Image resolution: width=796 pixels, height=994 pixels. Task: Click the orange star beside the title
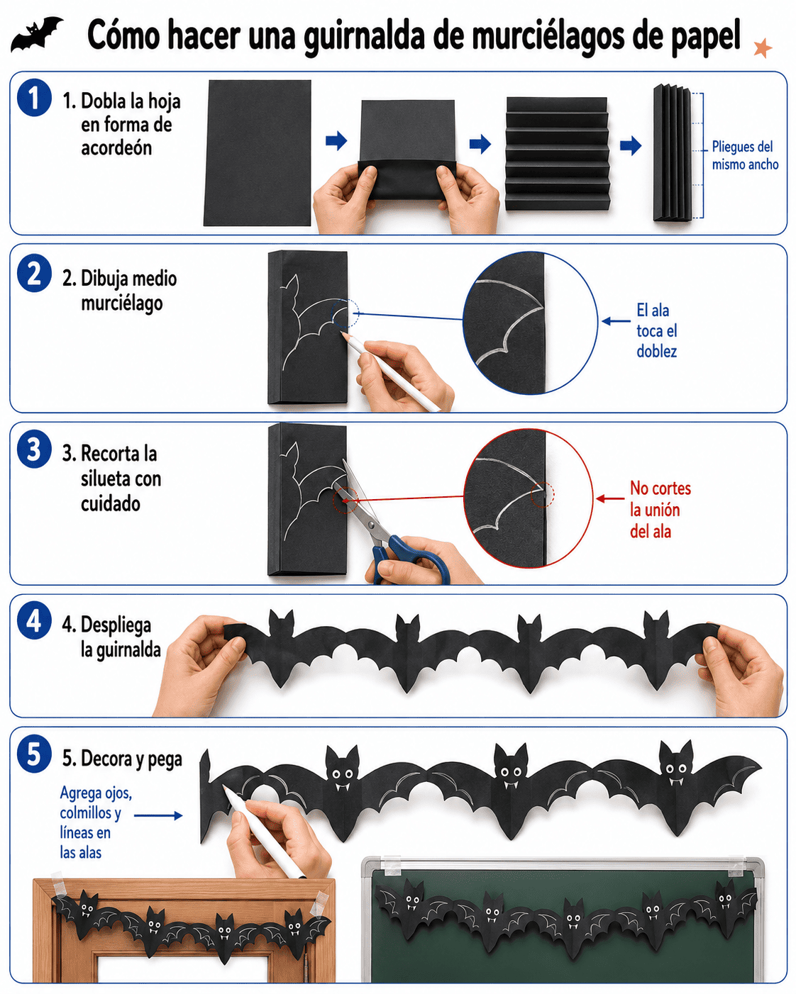pyautogui.click(x=762, y=48)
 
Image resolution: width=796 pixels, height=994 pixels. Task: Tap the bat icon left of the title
pyautogui.click(x=36, y=34)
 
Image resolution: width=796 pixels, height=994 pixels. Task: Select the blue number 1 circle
pyautogui.click(x=34, y=97)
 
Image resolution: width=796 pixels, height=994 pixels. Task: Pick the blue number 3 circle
pyautogui.click(x=34, y=449)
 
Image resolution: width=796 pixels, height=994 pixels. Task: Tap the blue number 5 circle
pyautogui.click(x=34, y=754)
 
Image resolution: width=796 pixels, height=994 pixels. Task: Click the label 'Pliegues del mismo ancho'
pyautogui.click(x=745, y=155)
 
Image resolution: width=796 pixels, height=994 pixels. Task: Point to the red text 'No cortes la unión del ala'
pyautogui.click(x=660, y=510)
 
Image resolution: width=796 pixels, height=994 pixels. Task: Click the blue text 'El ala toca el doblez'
pyautogui.click(x=656, y=330)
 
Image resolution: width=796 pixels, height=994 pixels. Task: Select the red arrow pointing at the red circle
pyautogui.click(x=609, y=498)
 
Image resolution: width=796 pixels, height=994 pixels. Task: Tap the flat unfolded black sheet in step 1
pyautogui.click(x=258, y=153)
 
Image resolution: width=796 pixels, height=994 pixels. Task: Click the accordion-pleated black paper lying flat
pyautogui.click(x=557, y=154)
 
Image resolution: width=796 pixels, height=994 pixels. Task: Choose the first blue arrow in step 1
pyautogui.click(x=336, y=140)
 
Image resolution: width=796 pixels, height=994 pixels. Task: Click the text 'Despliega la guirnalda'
pyautogui.click(x=111, y=637)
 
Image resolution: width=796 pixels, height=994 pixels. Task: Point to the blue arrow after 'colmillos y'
pyautogui.click(x=158, y=816)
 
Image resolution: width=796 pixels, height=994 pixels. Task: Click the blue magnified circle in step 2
pyautogui.click(x=530, y=323)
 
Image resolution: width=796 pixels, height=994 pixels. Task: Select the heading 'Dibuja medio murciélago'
pyautogui.click(x=119, y=291)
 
